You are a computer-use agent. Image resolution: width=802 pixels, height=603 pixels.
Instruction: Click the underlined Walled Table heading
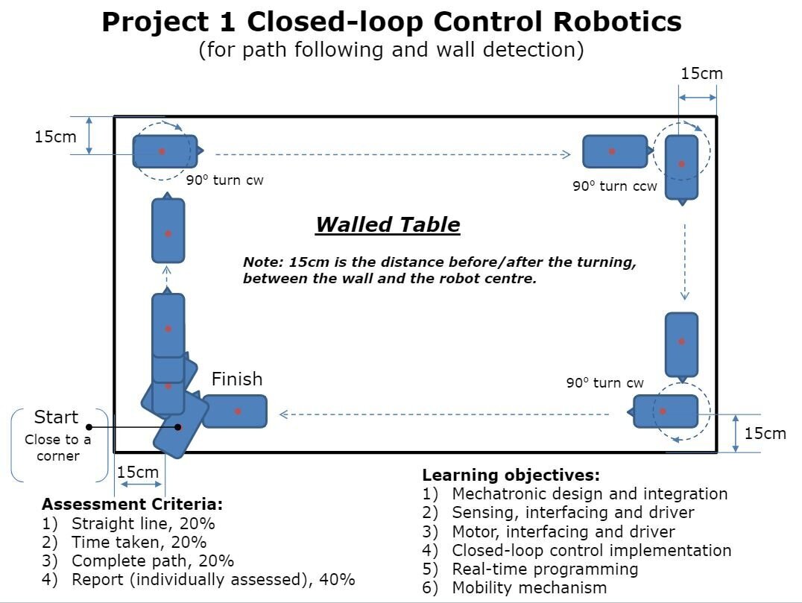point(388,224)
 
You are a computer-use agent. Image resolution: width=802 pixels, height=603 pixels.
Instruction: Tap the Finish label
point(237,379)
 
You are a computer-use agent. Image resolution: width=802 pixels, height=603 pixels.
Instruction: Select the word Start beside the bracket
point(56,417)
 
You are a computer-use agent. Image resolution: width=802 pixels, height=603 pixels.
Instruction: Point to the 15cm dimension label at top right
point(701,73)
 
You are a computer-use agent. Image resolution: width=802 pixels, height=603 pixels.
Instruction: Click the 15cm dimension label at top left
point(55,137)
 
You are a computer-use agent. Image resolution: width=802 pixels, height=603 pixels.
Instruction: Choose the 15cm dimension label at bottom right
point(765,433)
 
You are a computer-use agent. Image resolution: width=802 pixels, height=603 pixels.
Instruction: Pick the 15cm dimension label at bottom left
point(138,472)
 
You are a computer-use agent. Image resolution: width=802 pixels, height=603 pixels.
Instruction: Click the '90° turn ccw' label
point(615,186)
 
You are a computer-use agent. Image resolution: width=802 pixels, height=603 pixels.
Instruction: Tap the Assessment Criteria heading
point(132,504)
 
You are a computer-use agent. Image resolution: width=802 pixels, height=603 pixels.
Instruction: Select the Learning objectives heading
point(511,475)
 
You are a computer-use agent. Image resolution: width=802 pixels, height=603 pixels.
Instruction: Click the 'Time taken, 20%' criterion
point(139,542)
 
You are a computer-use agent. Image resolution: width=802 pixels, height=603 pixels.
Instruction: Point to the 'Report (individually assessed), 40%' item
point(213,579)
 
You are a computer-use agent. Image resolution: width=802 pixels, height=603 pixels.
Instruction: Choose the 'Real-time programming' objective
point(545,569)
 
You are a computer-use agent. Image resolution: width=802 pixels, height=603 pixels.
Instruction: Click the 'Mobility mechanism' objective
point(529,587)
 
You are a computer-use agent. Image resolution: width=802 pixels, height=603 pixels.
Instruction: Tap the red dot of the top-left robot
point(162,151)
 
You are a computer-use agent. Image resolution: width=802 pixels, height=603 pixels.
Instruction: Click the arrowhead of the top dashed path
point(566,154)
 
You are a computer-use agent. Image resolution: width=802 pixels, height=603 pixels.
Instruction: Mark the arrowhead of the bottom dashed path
point(284,414)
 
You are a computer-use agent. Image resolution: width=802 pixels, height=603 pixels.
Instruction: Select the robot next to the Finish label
point(235,411)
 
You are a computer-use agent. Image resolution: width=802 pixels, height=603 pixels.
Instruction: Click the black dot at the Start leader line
point(89,427)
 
